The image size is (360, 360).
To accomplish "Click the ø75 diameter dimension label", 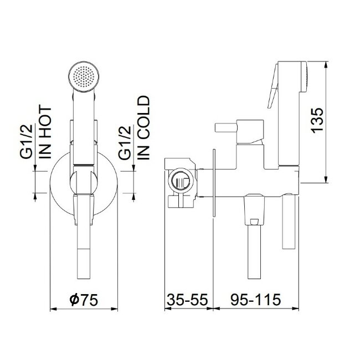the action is (x=84, y=300).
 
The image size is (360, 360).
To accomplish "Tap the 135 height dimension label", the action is (x=317, y=120).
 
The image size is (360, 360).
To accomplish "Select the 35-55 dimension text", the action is (x=187, y=300).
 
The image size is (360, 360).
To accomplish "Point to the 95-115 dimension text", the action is (x=255, y=300).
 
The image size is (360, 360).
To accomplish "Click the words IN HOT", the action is (x=45, y=132).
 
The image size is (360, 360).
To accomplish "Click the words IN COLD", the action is (x=143, y=127).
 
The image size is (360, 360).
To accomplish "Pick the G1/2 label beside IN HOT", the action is (x=26, y=141).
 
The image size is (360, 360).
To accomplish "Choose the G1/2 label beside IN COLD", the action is (x=125, y=142).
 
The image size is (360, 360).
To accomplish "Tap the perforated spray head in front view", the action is (x=84, y=76).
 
